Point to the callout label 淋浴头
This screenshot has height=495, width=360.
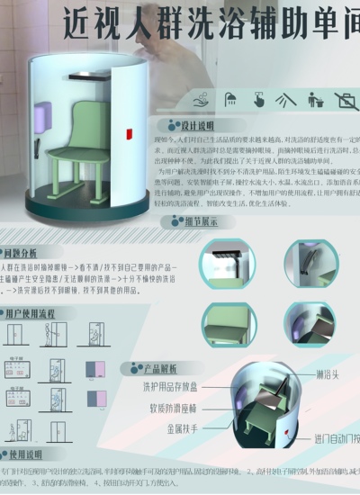click(x=328, y=373)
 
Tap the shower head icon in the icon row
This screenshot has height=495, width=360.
click(x=231, y=98)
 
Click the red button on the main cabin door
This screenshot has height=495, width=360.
click(x=129, y=135)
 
